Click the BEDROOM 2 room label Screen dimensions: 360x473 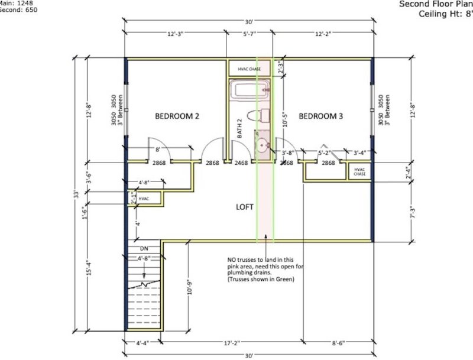click(x=177, y=116)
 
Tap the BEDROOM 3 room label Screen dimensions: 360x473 click(x=320, y=116)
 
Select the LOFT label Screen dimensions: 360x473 click(x=245, y=207)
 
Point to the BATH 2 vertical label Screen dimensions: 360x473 click(x=240, y=129)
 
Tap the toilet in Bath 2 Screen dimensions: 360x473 click(x=259, y=115)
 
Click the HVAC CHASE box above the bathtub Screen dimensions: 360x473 click(x=249, y=69)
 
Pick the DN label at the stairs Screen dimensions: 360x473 click(x=144, y=249)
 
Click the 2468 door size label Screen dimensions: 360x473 click(x=241, y=163)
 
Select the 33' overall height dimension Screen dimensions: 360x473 click(x=76, y=195)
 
